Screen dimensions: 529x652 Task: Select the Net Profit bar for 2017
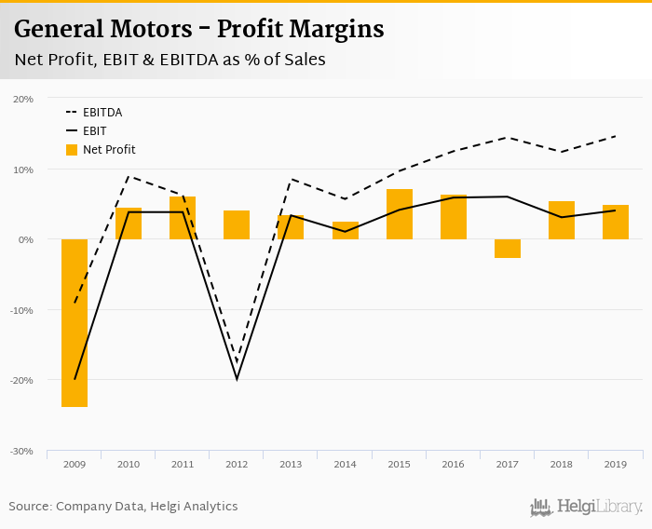(507, 249)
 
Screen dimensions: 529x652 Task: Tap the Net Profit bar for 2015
(399, 214)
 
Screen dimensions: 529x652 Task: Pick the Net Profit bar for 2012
(237, 225)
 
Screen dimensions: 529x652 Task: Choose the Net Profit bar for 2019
(615, 223)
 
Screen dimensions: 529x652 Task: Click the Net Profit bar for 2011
(183, 218)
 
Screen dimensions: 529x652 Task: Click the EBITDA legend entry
(102, 113)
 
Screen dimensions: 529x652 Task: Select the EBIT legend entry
(94, 131)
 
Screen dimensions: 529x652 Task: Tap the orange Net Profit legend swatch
(72, 150)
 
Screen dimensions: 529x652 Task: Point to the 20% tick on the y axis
(23, 99)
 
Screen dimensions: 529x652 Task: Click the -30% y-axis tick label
(21, 451)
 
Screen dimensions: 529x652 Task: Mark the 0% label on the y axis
(26, 239)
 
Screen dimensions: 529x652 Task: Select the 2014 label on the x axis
(345, 464)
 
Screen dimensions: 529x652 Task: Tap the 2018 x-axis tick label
(561, 464)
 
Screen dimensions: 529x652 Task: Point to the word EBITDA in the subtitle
(189, 60)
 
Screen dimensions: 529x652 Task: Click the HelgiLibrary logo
(587, 507)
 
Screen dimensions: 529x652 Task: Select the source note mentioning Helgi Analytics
(123, 507)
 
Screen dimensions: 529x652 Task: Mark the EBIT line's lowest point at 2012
(237, 379)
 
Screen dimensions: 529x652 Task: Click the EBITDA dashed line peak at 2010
(129, 176)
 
